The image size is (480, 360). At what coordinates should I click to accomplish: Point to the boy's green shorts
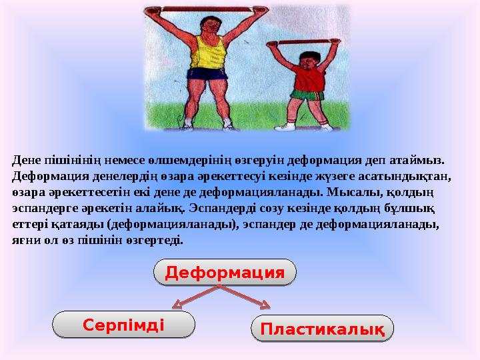pos(306,95)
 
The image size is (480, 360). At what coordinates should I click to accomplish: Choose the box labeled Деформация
pos(225,272)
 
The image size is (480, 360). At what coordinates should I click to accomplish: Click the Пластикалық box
pos(323,329)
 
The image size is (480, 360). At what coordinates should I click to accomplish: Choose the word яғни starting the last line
pos(25,240)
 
